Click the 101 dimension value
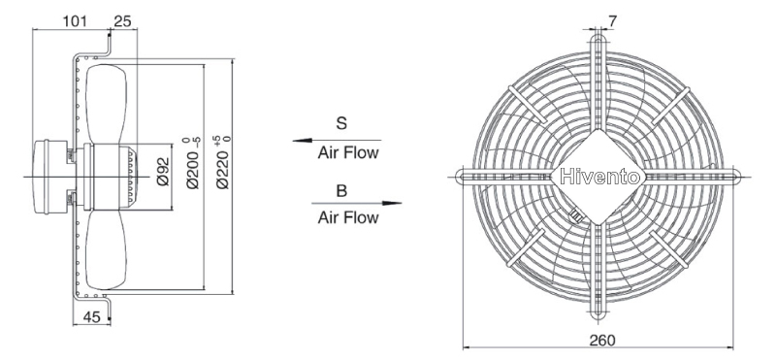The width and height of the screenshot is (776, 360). coord(75,20)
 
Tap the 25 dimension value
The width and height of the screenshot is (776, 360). coord(123,20)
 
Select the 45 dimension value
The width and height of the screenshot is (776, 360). coord(91,317)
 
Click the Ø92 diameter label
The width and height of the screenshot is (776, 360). coord(163,172)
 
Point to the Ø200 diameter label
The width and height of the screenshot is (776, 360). coord(193,163)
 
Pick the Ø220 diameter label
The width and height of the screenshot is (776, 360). coord(223,162)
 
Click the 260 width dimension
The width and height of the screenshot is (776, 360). coord(602,341)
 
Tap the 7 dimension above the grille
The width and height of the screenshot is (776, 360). coord(613,20)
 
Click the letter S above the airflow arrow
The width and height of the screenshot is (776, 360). coord(341,123)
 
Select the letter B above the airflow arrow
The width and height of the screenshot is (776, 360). coord(341,190)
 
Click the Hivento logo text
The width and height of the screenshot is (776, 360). coord(599,177)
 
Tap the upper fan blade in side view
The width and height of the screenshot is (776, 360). coord(106,105)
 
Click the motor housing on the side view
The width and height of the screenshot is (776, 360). coord(49,177)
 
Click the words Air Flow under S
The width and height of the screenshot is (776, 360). coord(348,153)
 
